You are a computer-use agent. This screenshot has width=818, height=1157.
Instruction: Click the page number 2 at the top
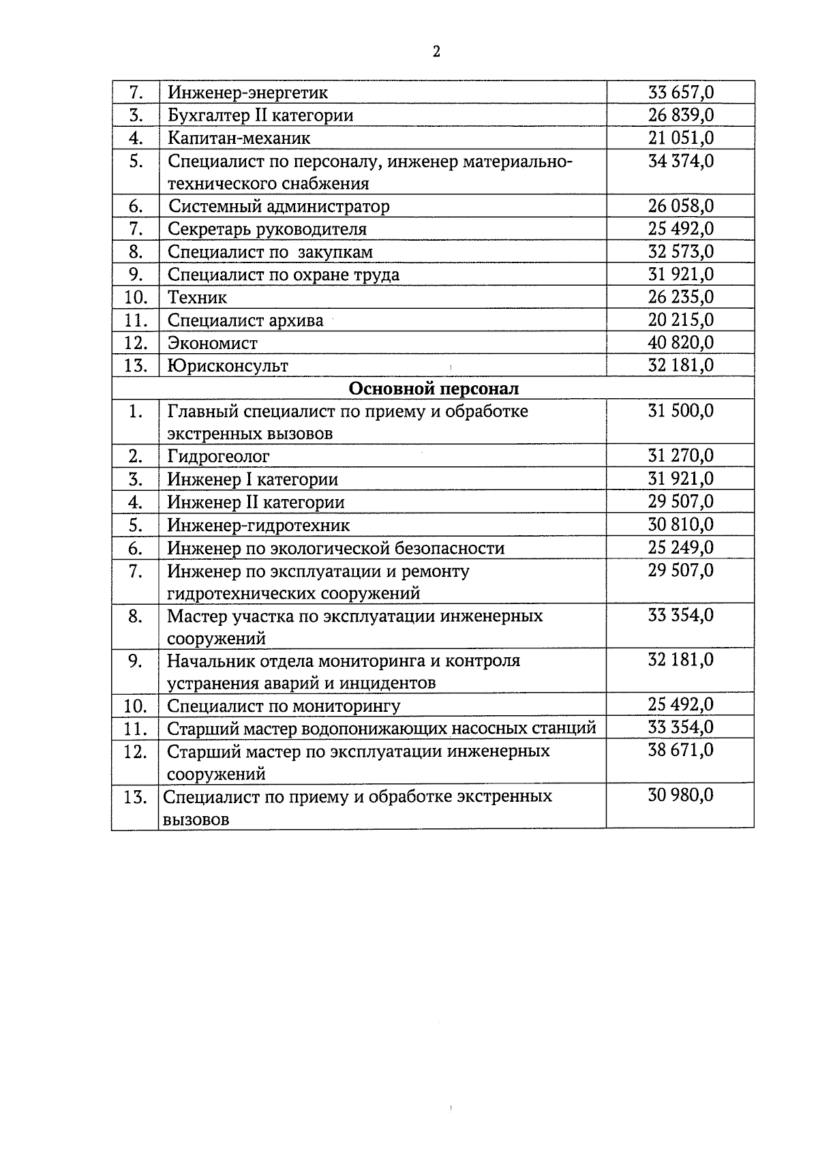click(436, 52)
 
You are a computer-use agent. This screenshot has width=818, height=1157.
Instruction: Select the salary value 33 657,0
click(680, 92)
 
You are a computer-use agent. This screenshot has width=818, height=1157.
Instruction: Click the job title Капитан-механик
click(239, 138)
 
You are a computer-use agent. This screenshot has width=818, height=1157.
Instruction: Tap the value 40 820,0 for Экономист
click(680, 342)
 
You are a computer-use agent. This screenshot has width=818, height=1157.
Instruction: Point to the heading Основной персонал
click(434, 389)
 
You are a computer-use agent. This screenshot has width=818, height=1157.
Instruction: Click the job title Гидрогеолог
click(218, 456)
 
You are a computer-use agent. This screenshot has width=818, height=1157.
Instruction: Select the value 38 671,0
click(680, 751)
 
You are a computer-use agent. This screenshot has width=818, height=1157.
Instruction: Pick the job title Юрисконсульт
click(228, 365)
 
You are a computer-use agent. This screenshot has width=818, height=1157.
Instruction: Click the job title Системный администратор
click(279, 206)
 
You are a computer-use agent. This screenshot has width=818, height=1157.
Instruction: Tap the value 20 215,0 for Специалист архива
click(680, 320)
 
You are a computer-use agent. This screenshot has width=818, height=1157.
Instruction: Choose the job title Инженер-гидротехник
click(258, 525)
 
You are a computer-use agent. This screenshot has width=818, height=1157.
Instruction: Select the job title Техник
click(197, 297)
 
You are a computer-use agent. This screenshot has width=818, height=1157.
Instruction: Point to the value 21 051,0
click(680, 138)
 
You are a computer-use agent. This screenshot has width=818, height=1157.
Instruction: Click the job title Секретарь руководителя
click(267, 229)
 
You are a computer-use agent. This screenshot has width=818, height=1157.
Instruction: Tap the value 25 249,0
click(680, 547)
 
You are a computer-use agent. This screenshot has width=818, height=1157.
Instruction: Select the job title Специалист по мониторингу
click(284, 706)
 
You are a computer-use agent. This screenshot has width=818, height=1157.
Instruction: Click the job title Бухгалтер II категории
click(260, 115)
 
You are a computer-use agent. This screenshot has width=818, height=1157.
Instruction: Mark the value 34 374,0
click(680, 162)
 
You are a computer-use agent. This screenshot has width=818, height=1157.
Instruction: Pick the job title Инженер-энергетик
click(248, 92)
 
